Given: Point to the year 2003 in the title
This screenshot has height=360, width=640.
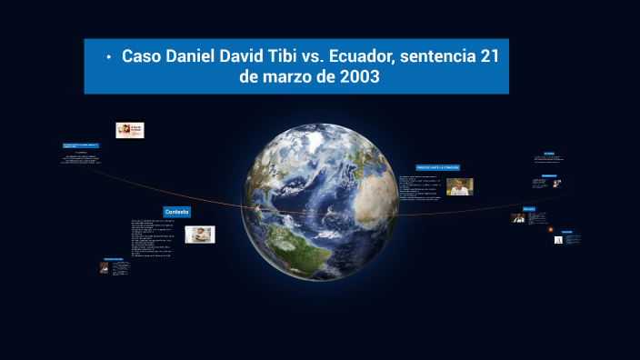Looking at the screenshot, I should pos(358,77).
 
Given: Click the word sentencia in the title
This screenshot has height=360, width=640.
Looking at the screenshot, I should pos(435,56).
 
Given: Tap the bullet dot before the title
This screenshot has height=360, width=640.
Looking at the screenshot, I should pos(108,57).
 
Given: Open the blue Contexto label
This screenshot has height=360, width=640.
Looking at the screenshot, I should pos(177,212).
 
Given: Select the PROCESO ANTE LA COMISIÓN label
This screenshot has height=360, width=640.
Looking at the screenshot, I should pos(438,168).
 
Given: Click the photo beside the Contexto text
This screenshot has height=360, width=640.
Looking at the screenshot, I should pos(200,235).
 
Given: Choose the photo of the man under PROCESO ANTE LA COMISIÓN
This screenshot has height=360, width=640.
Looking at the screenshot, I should pos(460,186).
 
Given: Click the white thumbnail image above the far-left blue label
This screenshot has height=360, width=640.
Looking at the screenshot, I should pos(129,130).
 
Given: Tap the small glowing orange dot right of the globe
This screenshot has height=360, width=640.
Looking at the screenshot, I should pos(554,228).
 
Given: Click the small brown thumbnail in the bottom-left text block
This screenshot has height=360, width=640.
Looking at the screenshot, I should pos(105,267).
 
